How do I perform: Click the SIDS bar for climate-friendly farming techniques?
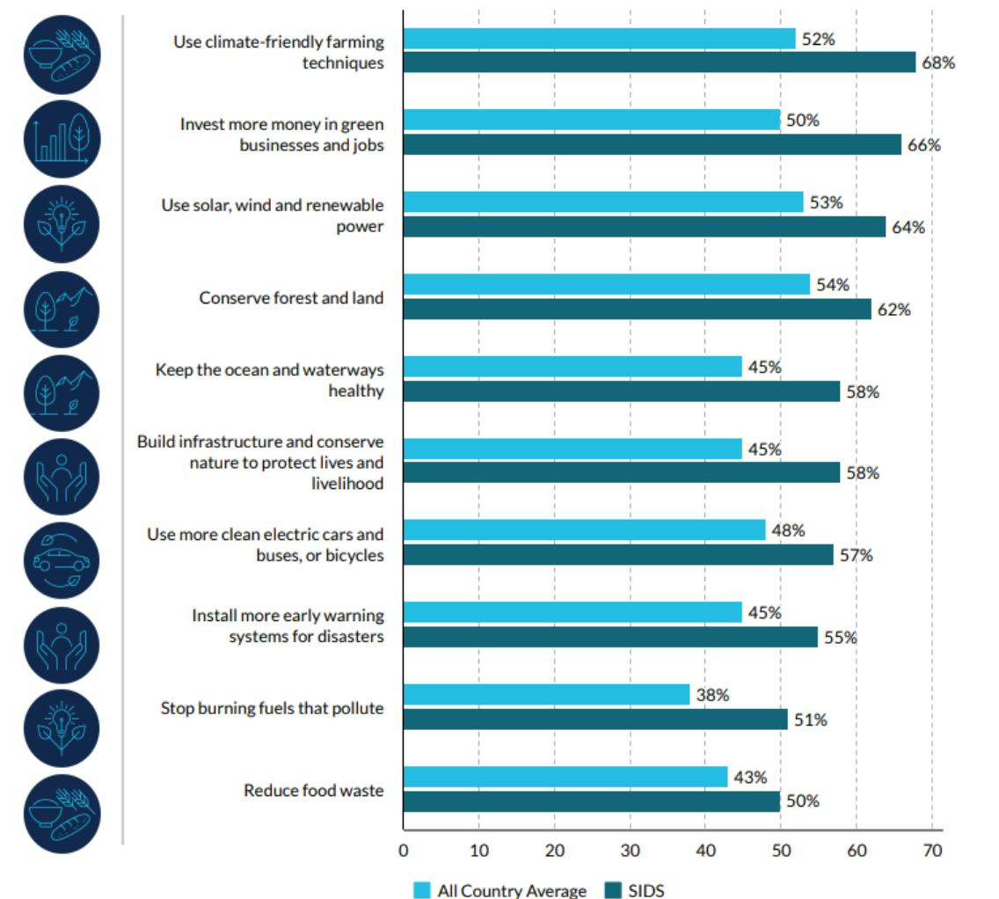(660, 62)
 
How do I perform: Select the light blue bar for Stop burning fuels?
(546, 695)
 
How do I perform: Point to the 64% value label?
(908, 227)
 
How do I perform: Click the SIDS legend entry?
(635, 890)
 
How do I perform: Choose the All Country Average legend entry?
(499, 890)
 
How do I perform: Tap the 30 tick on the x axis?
(630, 851)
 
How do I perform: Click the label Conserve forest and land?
(291, 297)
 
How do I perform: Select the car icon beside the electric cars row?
(62, 560)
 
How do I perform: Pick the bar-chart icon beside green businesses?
(62, 139)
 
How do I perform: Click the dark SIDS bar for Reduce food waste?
(592, 801)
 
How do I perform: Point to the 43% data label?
(750, 777)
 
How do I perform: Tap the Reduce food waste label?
(313, 790)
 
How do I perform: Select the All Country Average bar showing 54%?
(606, 284)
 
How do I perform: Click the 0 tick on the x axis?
(403, 851)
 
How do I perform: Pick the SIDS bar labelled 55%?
(610, 638)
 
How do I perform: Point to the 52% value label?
(818, 39)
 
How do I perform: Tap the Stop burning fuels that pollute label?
(272, 707)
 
